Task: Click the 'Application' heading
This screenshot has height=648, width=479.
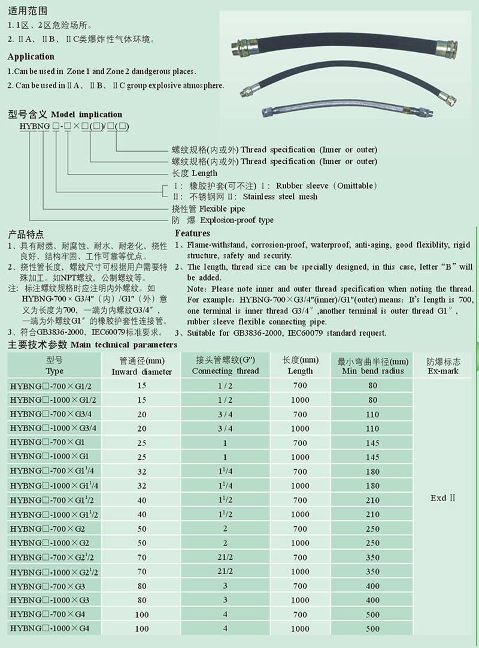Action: point(31,57)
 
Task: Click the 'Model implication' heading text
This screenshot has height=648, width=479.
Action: point(87,114)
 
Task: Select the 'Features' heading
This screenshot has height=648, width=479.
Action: point(192,233)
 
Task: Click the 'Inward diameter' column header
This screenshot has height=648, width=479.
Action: point(141,372)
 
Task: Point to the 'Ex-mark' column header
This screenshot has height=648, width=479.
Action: point(443,371)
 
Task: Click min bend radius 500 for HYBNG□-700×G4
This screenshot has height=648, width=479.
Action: point(373,614)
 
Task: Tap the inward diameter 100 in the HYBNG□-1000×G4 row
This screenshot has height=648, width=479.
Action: point(142,629)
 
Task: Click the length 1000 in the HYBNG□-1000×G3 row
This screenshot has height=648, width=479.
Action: point(300,600)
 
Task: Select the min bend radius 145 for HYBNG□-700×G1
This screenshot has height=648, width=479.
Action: point(373,443)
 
